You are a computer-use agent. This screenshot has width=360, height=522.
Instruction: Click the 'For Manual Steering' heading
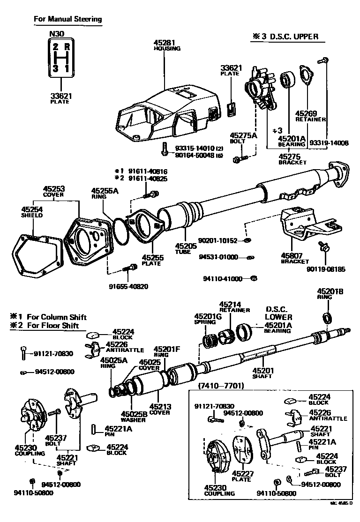[67, 19]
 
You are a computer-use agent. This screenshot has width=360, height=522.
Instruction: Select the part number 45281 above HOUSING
[164, 42]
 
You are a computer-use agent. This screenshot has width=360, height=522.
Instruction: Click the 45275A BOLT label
[244, 138]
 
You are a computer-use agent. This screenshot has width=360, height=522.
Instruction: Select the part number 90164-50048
[195, 155]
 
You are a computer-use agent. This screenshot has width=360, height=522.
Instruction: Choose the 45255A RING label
[105, 194]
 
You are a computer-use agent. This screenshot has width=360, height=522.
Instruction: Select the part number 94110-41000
[223, 279]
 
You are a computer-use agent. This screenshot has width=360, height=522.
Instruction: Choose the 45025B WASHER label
[134, 416]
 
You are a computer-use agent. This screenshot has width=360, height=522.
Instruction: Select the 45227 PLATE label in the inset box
[242, 476]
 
